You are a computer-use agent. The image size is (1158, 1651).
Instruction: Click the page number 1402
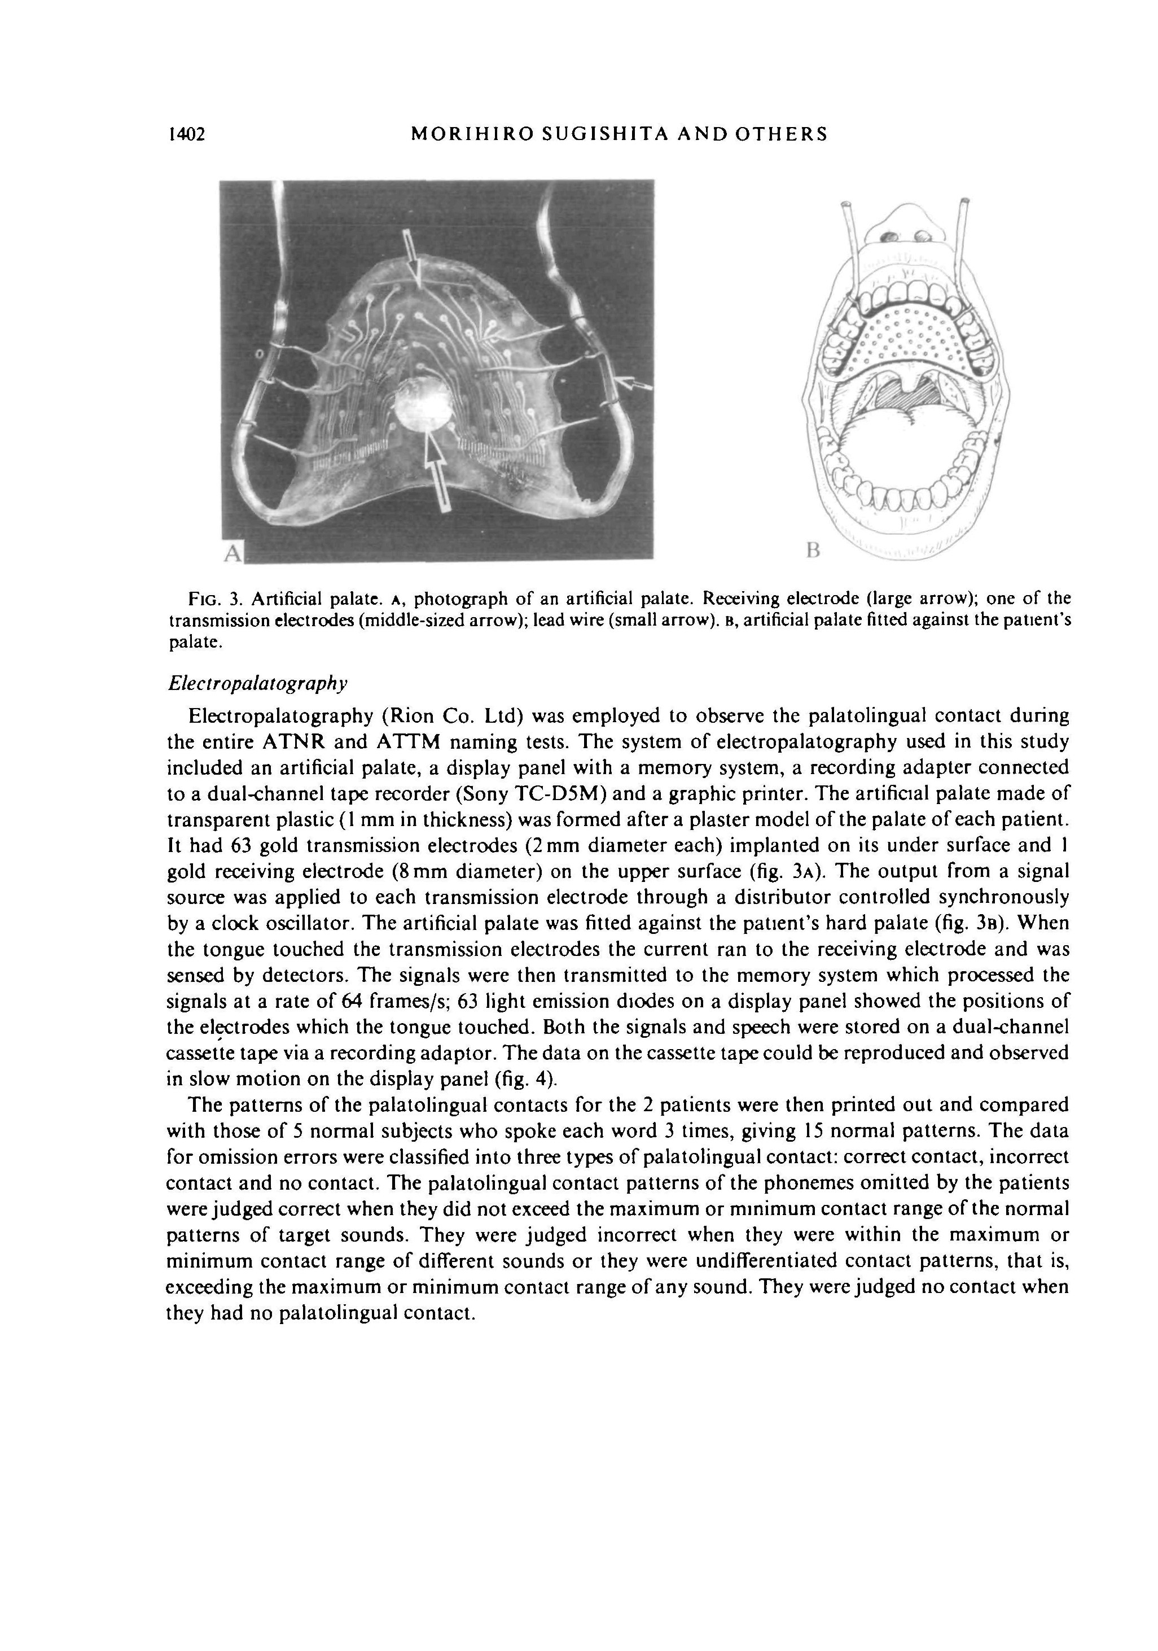click(186, 134)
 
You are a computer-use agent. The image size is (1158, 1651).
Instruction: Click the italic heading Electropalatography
click(257, 683)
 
